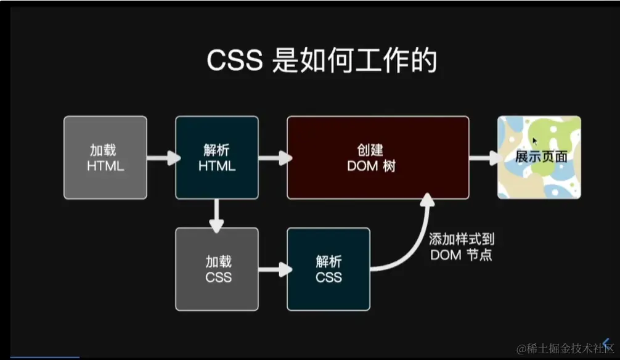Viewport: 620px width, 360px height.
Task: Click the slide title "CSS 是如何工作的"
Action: (322, 62)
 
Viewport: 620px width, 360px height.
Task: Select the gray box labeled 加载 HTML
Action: (105, 158)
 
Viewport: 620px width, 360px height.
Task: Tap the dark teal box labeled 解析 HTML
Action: (216, 158)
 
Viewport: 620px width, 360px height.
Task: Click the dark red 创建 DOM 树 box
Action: (378, 158)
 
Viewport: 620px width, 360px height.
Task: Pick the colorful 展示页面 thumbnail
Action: (539, 158)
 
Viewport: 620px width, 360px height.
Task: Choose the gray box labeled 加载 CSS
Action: (216, 269)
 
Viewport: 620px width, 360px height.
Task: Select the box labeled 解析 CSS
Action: (328, 269)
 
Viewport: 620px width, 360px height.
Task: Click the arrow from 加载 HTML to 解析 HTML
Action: (161, 158)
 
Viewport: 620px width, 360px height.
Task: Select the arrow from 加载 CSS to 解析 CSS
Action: (274, 269)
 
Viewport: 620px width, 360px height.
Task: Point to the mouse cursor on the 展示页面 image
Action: (535, 141)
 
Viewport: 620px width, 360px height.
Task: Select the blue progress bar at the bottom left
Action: (40, 357)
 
